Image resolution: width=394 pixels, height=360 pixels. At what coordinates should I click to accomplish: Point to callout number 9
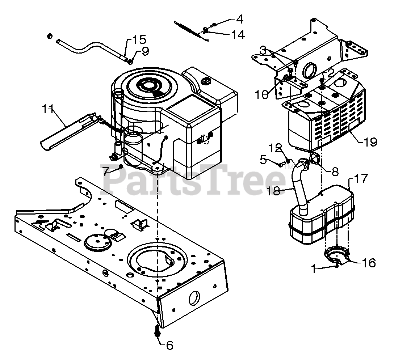point(145,52)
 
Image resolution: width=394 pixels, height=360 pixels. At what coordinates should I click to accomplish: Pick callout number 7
point(105,171)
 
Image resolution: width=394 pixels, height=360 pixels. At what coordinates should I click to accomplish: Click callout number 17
point(361,178)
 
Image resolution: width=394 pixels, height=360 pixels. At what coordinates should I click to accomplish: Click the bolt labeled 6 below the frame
point(158,330)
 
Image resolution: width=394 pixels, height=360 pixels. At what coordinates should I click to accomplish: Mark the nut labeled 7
point(120,166)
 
